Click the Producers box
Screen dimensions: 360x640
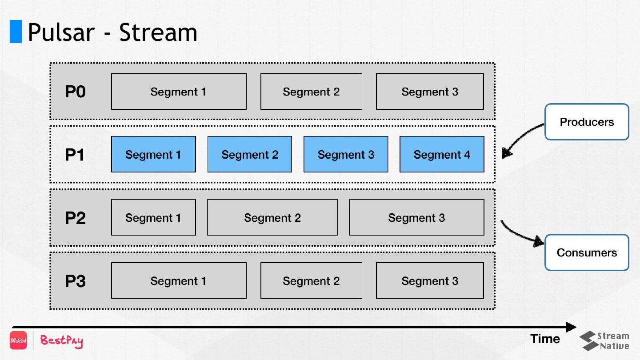[x=587, y=122]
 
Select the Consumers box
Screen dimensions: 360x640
[x=587, y=252]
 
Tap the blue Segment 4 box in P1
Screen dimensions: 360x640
[x=442, y=154]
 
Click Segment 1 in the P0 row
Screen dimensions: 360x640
[x=179, y=92]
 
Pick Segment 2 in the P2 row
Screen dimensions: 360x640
[x=272, y=217]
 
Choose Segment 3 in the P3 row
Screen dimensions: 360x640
[x=430, y=280]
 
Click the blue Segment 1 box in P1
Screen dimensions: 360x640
[x=153, y=154]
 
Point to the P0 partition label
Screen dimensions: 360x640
[x=75, y=92]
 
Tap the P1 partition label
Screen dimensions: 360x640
[x=75, y=155]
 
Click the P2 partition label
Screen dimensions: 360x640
[x=75, y=218]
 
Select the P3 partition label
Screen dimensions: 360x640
[x=75, y=281]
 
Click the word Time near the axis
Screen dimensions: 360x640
[x=545, y=339]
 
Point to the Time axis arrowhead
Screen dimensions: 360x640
[x=571, y=327]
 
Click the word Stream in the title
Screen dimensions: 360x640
[x=158, y=32]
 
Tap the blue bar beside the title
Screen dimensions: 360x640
[x=16, y=32]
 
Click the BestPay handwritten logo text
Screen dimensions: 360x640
[x=62, y=341]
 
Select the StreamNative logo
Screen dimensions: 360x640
[x=604, y=340]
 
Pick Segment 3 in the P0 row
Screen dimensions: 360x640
[x=430, y=92]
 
